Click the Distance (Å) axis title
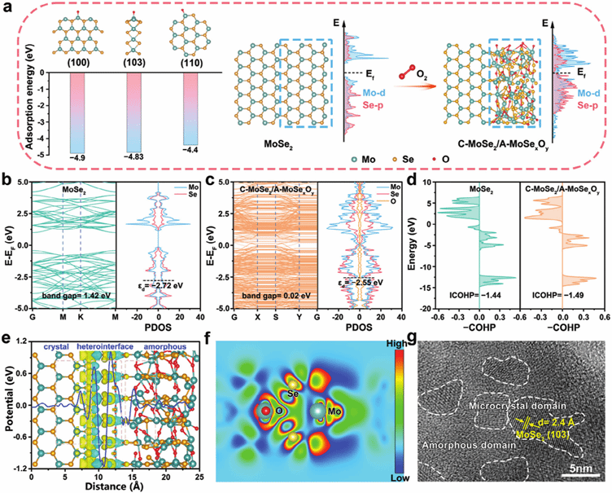pos(110,486)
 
